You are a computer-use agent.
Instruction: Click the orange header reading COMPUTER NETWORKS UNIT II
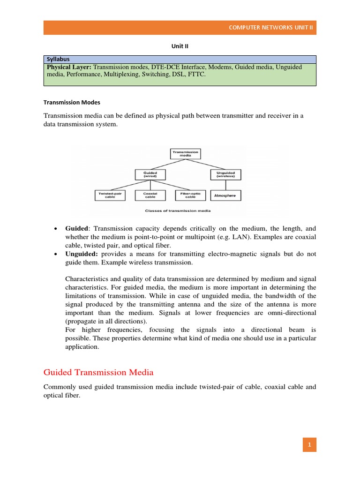coord(272,28)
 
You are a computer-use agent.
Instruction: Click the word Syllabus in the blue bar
coord(58,60)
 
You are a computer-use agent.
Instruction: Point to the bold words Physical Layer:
coord(69,67)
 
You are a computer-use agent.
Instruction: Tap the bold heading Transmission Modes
coord(72,102)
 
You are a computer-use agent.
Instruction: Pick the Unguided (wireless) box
coord(225,175)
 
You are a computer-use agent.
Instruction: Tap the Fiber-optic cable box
coord(187,195)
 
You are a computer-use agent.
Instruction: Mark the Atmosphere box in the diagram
coord(225,195)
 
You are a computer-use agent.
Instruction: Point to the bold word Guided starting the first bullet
coord(76,228)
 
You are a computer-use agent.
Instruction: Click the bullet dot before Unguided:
coord(56,254)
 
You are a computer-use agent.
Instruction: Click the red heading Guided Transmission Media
coord(98,373)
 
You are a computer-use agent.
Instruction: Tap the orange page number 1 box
coord(309,444)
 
